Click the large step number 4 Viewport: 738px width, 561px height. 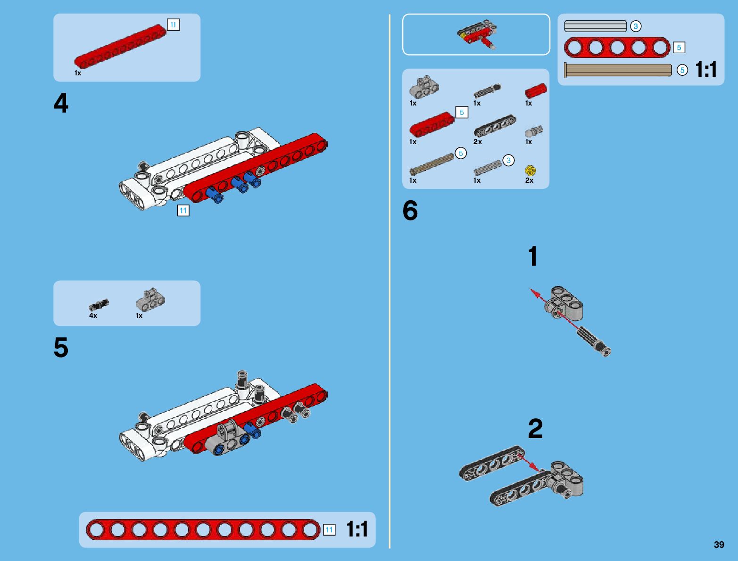tap(61, 103)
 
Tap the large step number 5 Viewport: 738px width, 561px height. tap(61, 348)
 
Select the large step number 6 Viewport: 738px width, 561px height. tap(410, 211)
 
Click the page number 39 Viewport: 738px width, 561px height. tap(719, 545)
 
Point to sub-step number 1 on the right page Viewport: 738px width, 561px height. tap(533, 257)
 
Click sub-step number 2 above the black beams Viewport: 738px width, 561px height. tap(535, 429)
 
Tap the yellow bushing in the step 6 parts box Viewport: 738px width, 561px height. tap(530, 170)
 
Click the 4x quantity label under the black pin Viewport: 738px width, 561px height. tap(93, 316)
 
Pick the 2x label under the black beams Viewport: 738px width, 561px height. tap(478, 142)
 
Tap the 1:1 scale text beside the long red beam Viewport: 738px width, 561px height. tap(357, 529)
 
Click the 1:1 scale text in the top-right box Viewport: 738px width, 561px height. tap(706, 70)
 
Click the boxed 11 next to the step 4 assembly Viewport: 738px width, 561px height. tap(183, 211)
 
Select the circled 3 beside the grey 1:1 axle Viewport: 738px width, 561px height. tap(636, 26)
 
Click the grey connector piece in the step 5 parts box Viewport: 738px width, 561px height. tap(150, 299)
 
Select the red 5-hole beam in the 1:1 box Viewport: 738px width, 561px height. tap(617, 48)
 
